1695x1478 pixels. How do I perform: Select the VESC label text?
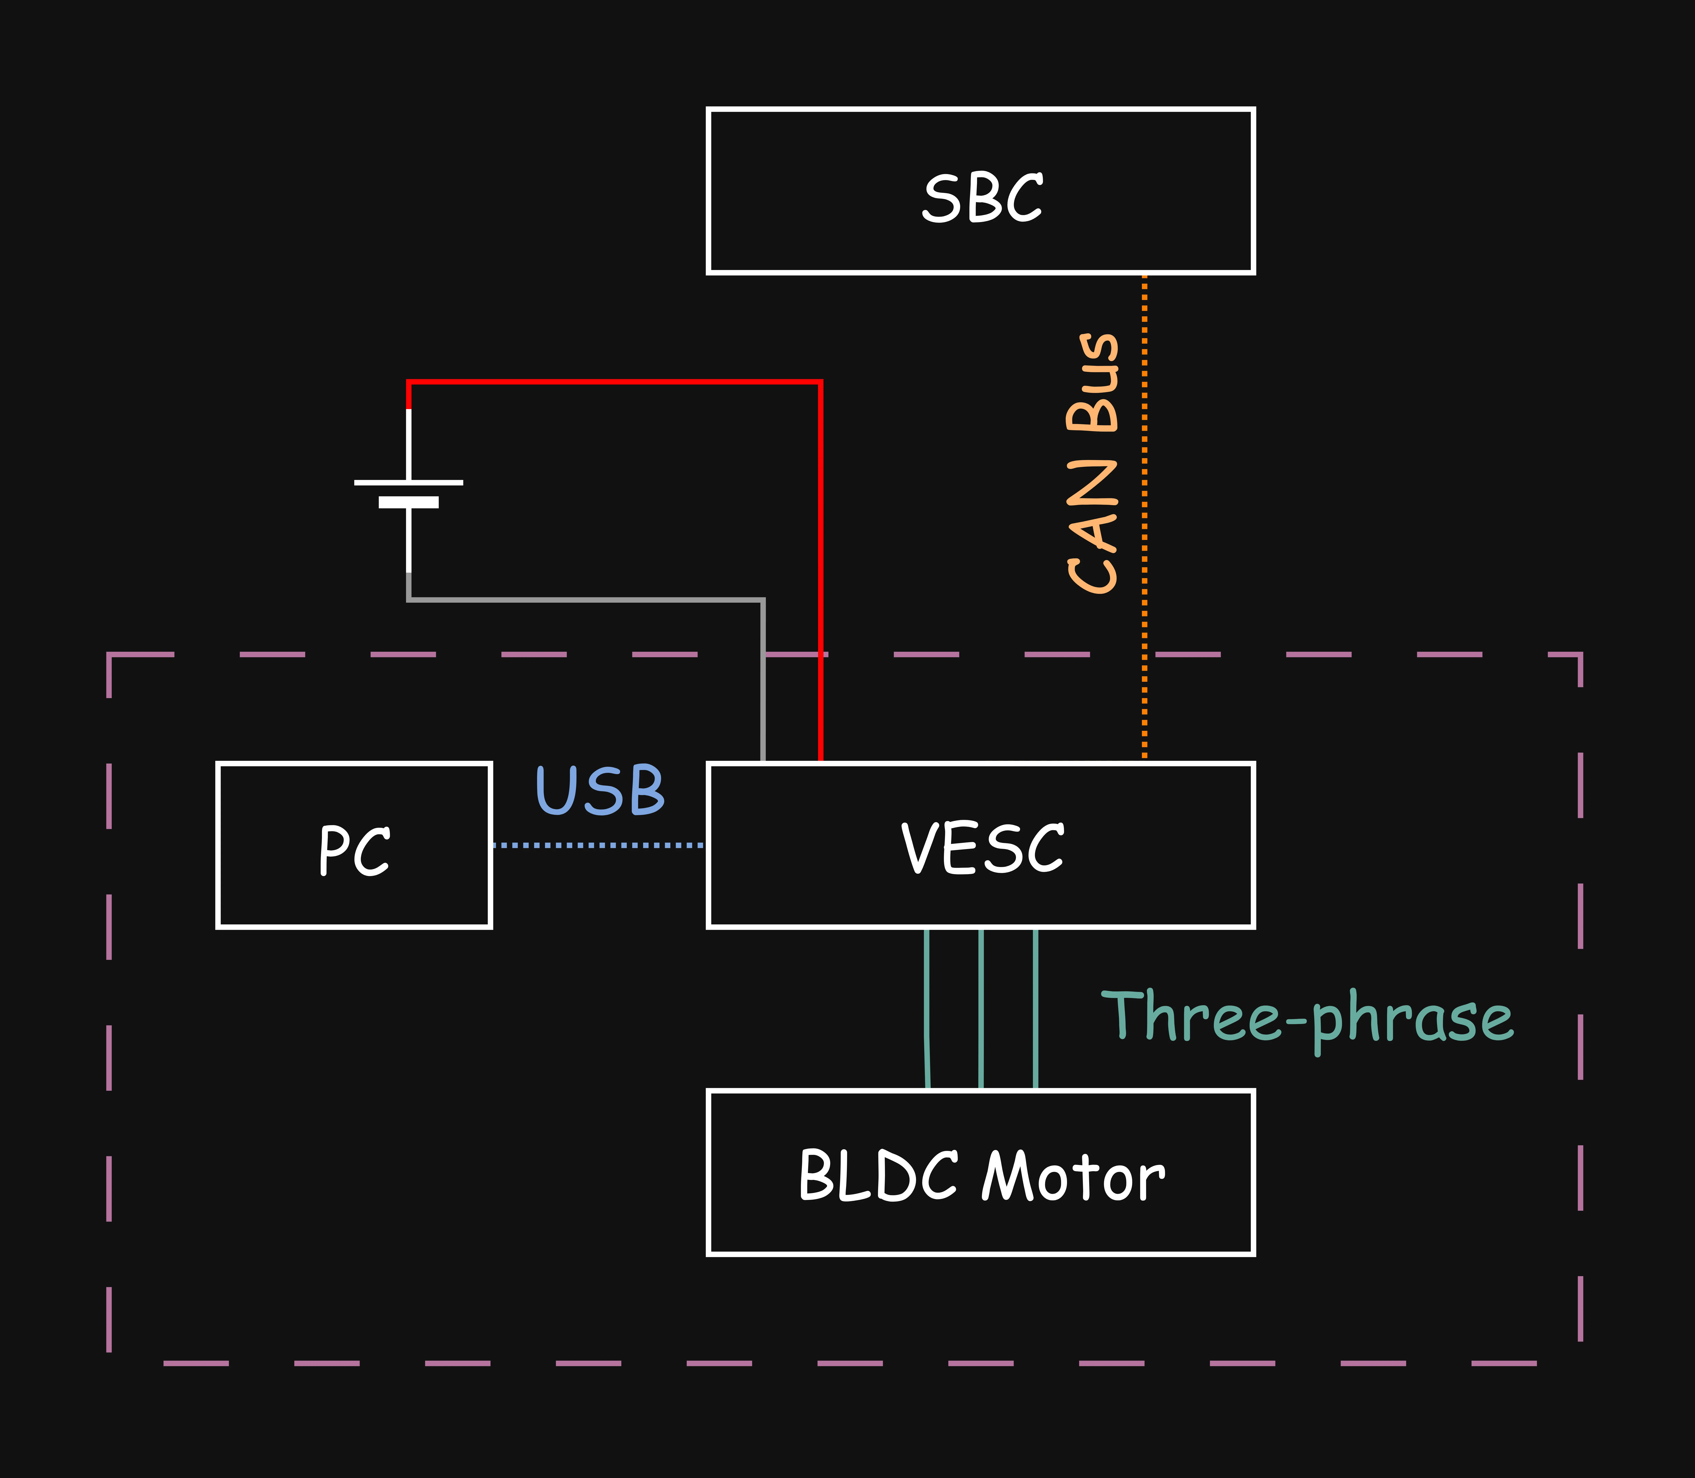tap(982, 848)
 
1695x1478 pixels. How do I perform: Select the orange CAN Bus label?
tap(1092, 464)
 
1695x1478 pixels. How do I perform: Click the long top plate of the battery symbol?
tap(409, 483)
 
